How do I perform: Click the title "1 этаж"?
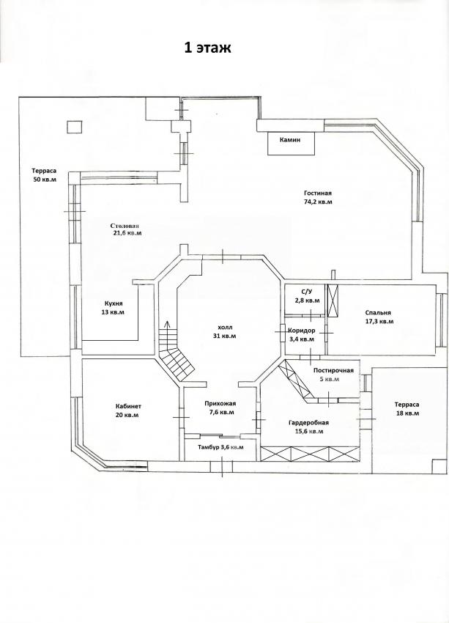coord(207,48)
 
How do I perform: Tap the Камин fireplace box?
coord(292,144)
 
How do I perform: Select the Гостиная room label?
coord(318,193)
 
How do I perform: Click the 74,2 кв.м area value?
coord(318,202)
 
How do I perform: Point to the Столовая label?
coord(125,226)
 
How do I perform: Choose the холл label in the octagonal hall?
coord(225,327)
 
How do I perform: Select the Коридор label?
coord(301,331)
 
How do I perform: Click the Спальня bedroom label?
coord(379,313)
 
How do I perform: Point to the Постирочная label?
coord(333,371)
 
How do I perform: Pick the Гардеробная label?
coord(308,423)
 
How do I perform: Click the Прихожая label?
coord(220,404)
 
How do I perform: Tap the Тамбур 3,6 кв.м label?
coord(220,447)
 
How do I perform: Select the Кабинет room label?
coord(128,407)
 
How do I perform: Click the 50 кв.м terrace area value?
coord(45,179)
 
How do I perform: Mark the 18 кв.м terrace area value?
coord(407,413)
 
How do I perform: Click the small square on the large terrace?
coord(74,127)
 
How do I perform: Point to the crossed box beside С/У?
coord(333,301)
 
